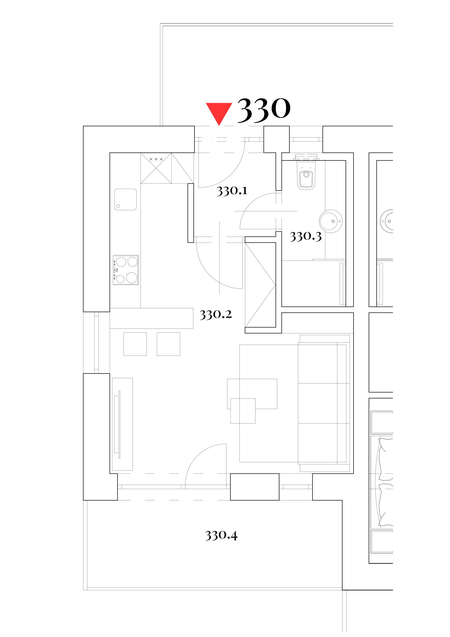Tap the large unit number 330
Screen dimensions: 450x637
coord(264,110)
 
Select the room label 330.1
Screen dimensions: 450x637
coord(232,191)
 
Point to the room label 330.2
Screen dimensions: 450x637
coord(216,315)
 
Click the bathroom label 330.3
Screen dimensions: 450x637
coord(305,237)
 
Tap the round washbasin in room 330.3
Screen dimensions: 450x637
coord(331,221)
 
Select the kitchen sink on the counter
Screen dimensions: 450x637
coord(125,200)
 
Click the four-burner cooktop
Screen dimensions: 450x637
coord(126,270)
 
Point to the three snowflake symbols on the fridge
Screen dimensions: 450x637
coord(156,159)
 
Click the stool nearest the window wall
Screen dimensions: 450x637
coord(135,344)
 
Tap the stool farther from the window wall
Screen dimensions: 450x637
coord(168,344)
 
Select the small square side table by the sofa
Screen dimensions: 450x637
coord(243,411)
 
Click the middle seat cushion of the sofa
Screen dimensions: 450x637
coord(318,403)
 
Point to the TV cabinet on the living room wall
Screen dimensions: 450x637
coord(122,424)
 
